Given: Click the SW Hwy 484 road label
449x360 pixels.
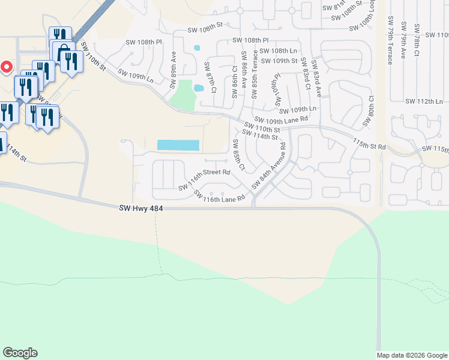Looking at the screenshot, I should [x=141, y=208].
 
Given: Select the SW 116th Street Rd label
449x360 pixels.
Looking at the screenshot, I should [x=204, y=179].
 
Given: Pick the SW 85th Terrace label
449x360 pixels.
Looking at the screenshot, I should [x=255, y=68].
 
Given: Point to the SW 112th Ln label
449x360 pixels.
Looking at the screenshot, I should [x=424, y=101].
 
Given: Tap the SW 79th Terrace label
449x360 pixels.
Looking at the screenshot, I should [x=390, y=40].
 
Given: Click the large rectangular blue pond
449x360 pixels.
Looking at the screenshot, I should [x=178, y=145].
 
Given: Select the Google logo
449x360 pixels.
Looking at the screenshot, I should [x=20, y=353].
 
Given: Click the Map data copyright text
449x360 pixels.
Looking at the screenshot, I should [x=411, y=355].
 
